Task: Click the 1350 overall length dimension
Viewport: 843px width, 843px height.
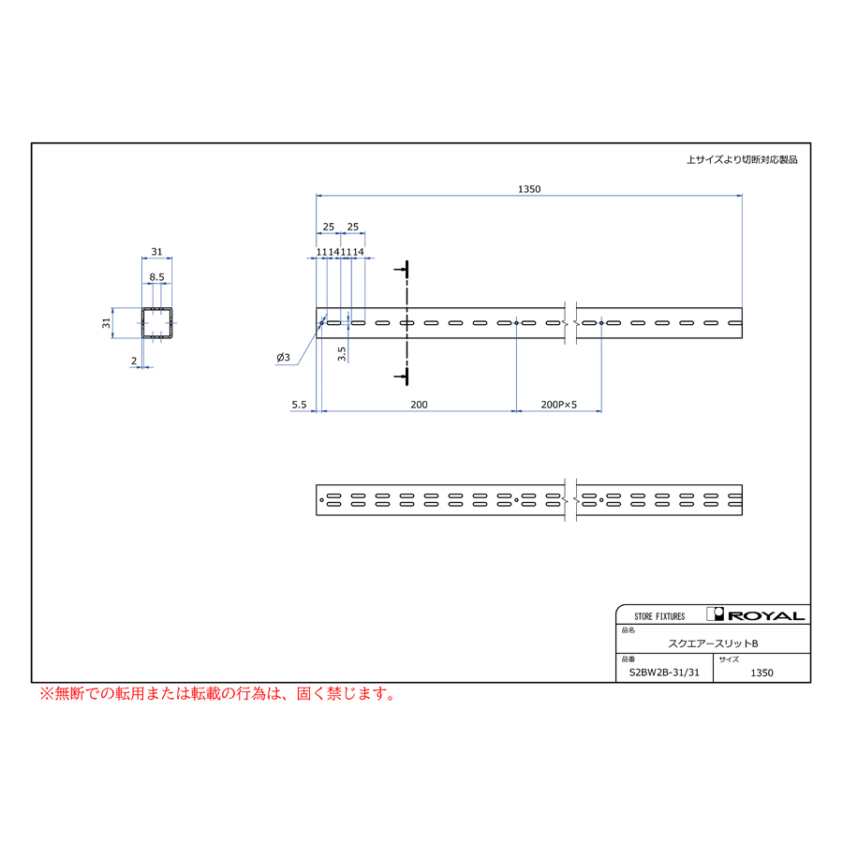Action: [529, 189]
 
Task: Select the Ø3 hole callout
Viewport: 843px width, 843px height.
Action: [283, 358]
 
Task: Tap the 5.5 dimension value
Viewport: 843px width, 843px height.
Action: [299, 405]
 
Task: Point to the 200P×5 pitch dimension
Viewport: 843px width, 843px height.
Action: [558, 405]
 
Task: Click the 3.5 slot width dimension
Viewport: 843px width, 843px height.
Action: [341, 354]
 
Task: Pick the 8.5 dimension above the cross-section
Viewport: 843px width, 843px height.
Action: [157, 277]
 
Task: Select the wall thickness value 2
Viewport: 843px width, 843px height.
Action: [134, 361]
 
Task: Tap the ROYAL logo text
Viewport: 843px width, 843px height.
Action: [765, 616]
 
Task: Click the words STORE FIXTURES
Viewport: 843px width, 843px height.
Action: [659, 616]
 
